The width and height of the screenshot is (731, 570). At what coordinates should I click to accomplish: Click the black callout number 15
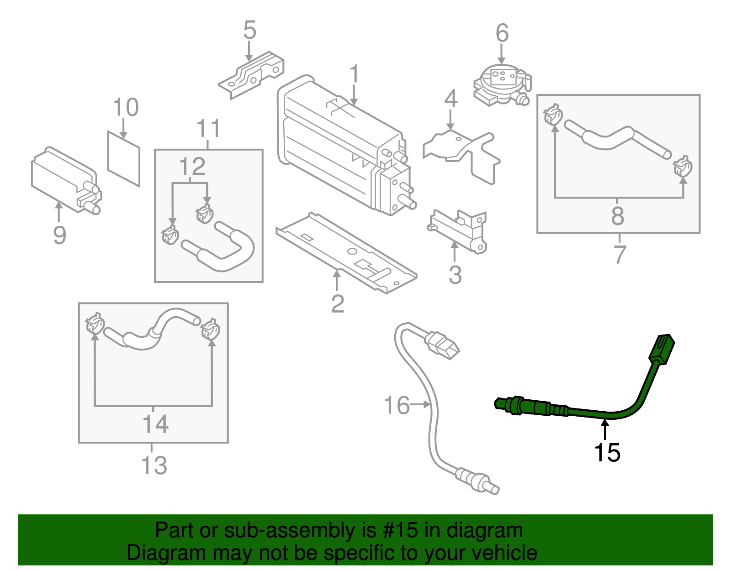[607, 453]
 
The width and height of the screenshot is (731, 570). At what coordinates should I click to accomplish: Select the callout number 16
[397, 405]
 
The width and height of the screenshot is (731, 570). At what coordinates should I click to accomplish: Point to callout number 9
[59, 235]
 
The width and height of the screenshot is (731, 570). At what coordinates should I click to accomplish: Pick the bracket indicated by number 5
[251, 75]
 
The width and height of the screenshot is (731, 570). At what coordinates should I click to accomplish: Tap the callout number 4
[451, 99]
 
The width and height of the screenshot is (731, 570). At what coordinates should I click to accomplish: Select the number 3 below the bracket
[455, 275]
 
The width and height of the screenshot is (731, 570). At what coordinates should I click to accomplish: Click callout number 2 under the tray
[337, 304]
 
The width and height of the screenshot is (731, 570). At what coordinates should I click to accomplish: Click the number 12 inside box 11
[192, 167]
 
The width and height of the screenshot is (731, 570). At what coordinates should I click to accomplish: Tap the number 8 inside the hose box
[617, 216]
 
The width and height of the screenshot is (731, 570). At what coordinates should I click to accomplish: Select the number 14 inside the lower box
[155, 424]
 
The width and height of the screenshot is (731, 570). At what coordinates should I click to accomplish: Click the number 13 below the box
[154, 465]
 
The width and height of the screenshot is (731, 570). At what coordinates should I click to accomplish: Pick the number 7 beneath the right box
[620, 254]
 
